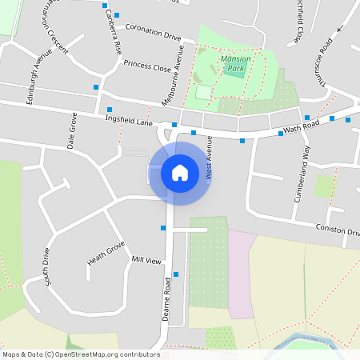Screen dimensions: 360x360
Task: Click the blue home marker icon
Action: pyautogui.click(x=180, y=173)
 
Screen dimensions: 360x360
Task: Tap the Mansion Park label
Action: pyautogui.click(x=236, y=64)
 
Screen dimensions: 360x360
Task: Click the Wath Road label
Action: pyautogui.click(x=301, y=127)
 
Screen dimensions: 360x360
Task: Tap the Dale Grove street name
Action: pyautogui.click(x=72, y=130)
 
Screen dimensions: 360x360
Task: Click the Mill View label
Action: pyautogui.click(x=147, y=261)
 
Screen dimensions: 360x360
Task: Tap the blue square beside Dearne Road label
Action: pyautogui.click(x=176, y=274)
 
